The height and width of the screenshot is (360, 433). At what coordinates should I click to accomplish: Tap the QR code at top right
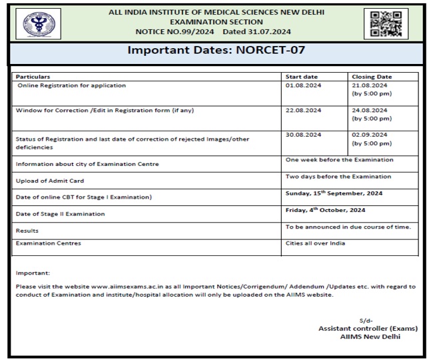point(386,23)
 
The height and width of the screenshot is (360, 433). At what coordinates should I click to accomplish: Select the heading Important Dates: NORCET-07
point(216,53)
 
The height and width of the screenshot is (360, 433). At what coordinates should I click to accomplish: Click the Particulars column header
point(33,77)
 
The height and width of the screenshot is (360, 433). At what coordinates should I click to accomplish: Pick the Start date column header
point(301,77)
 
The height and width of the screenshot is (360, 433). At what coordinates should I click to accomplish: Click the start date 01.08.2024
point(303,86)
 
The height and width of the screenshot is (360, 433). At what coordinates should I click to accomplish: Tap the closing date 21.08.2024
point(369,86)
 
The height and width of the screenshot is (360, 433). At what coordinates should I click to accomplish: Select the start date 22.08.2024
point(303,110)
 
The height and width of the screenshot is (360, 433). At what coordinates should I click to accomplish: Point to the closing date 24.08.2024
point(369,110)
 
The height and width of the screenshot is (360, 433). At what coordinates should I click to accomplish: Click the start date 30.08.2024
point(303,134)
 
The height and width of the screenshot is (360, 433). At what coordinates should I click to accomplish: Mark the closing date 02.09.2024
point(369,134)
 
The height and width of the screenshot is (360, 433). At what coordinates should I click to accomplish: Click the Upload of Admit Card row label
point(49,181)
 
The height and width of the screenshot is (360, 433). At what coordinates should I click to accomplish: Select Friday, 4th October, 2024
point(325,210)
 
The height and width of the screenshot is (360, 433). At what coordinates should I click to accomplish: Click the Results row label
point(27,230)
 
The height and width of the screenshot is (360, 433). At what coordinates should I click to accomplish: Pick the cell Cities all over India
point(315,243)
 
